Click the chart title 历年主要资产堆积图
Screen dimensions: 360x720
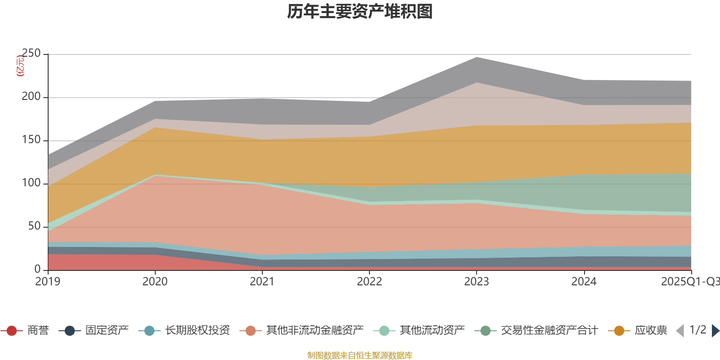click(360, 12)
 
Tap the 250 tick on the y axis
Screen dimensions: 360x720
click(31, 54)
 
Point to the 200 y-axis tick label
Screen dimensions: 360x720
click(31, 97)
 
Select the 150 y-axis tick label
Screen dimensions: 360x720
click(31, 140)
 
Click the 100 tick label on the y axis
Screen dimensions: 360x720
click(31, 183)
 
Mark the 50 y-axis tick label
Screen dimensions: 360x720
click(34, 226)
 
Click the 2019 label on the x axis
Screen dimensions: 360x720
click(48, 282)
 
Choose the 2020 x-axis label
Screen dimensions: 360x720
click(155, 282)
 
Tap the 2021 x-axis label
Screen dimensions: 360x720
click(262, 282)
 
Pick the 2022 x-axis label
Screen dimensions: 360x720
click(369, 282)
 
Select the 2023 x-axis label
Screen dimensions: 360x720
click(477, 282)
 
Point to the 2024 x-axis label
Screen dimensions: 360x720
click(584, 282)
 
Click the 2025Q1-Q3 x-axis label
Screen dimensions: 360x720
click(689, 282)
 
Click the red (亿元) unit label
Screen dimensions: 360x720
click(20, 66)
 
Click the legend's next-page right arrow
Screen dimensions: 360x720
click(715, 331)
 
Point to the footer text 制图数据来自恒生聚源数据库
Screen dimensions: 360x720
click(360, 355)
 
